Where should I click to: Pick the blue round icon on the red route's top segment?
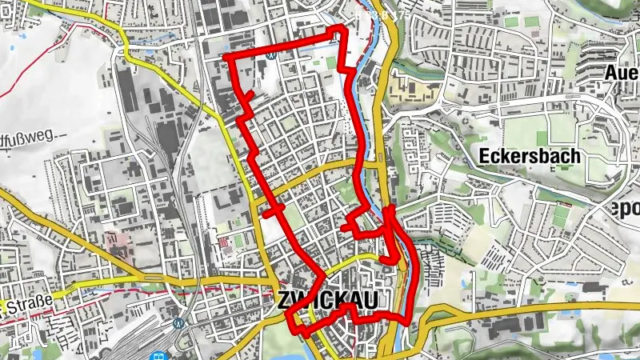coord(273,55)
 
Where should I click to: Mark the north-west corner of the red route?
coord(226,58)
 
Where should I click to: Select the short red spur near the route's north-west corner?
coord(247,99)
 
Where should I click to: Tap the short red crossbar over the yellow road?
coord(273,211)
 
